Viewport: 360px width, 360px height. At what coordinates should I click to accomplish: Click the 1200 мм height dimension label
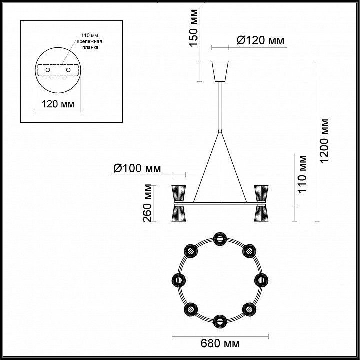(324, 141)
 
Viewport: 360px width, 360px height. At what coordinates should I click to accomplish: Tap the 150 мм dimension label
(194, 28)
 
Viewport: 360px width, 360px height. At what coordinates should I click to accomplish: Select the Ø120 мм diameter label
(260, 40)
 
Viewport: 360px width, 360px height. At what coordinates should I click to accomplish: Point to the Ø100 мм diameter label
(137, 169)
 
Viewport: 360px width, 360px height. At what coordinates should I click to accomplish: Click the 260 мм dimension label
(147, 203)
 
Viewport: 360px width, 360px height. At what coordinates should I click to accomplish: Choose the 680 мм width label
(220, 343)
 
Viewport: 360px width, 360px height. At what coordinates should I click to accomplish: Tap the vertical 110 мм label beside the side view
(302, 174)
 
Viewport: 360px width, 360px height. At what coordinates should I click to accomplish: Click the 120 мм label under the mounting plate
(58, 104)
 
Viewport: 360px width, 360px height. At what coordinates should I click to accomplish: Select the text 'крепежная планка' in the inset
(90, 45)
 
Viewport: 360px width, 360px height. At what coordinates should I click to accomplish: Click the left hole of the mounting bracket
(48, 70)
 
